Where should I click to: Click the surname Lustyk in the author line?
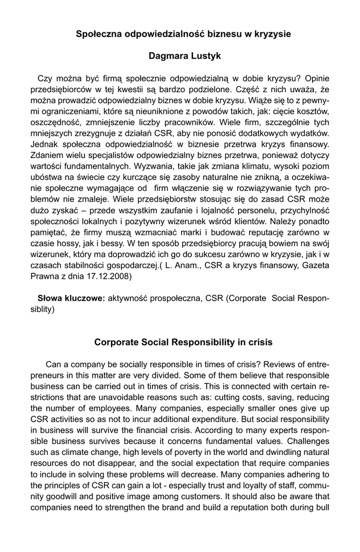tap(201, 56)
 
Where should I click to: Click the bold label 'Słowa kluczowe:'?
tap(71, 298)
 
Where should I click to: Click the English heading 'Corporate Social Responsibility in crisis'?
tap(183, 342)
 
